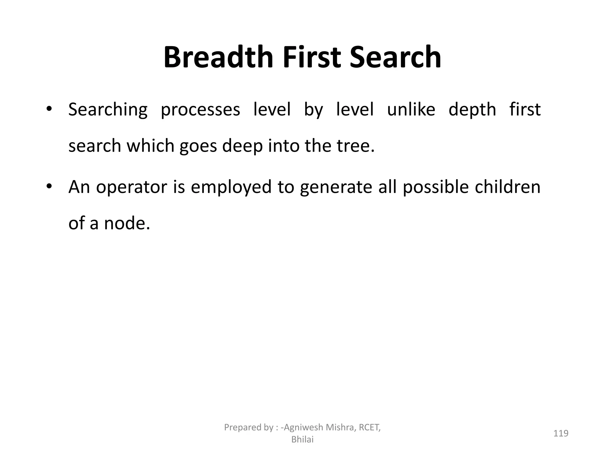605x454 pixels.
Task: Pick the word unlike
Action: (x=411, y=109)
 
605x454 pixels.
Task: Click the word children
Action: (x=508, y=187)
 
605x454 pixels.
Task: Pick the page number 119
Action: (x=561, y=433)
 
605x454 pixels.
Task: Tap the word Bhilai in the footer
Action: (x=302, y=440)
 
